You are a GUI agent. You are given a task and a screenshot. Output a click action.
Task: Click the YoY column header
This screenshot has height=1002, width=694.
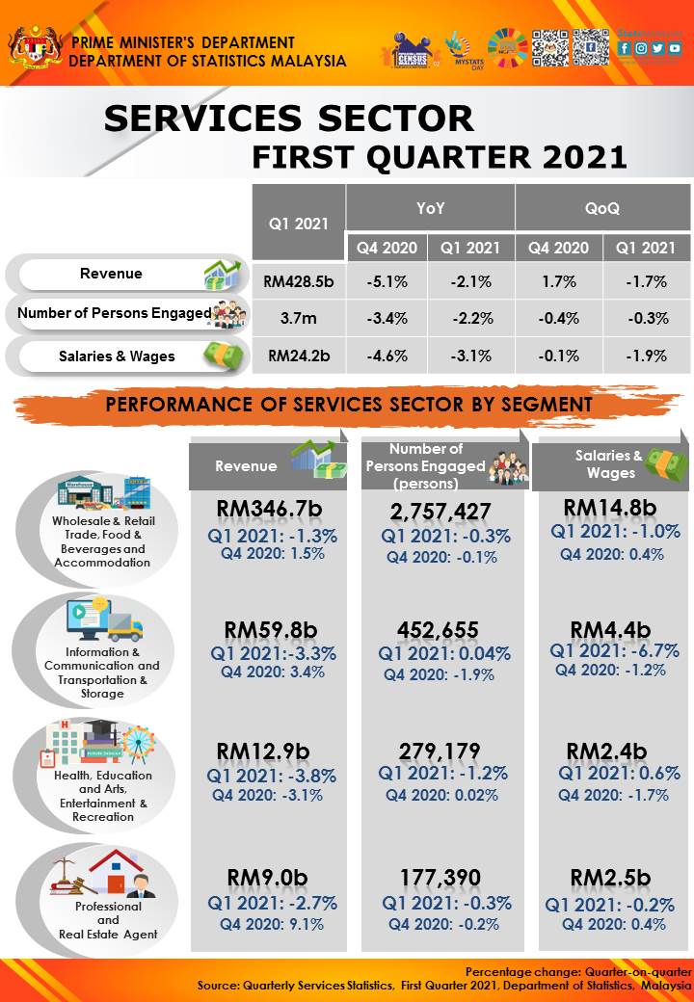point(430,207)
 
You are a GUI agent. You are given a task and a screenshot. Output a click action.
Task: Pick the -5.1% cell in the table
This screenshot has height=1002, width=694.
point(387,282)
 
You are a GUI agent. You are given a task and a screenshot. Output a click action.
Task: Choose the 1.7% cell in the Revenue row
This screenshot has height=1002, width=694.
point(558,282)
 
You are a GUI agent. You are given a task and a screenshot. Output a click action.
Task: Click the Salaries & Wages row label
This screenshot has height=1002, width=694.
point(117,356)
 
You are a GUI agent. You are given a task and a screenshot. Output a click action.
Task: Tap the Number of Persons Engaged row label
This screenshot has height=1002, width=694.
point(114,312)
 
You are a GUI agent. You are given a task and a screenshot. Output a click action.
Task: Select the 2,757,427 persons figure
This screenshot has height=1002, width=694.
point(440,512)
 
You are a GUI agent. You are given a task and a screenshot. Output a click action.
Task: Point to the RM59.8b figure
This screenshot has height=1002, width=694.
point(270,630)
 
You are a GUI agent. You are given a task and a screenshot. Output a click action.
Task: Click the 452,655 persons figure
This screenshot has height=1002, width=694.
point(438,630)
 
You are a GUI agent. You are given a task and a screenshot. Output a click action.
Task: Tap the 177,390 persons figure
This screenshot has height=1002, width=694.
point(440,877)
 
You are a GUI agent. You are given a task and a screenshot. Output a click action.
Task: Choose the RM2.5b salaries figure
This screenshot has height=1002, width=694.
point(610,877)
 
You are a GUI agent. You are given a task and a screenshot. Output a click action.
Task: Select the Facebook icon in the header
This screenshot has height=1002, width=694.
point(625,47)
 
